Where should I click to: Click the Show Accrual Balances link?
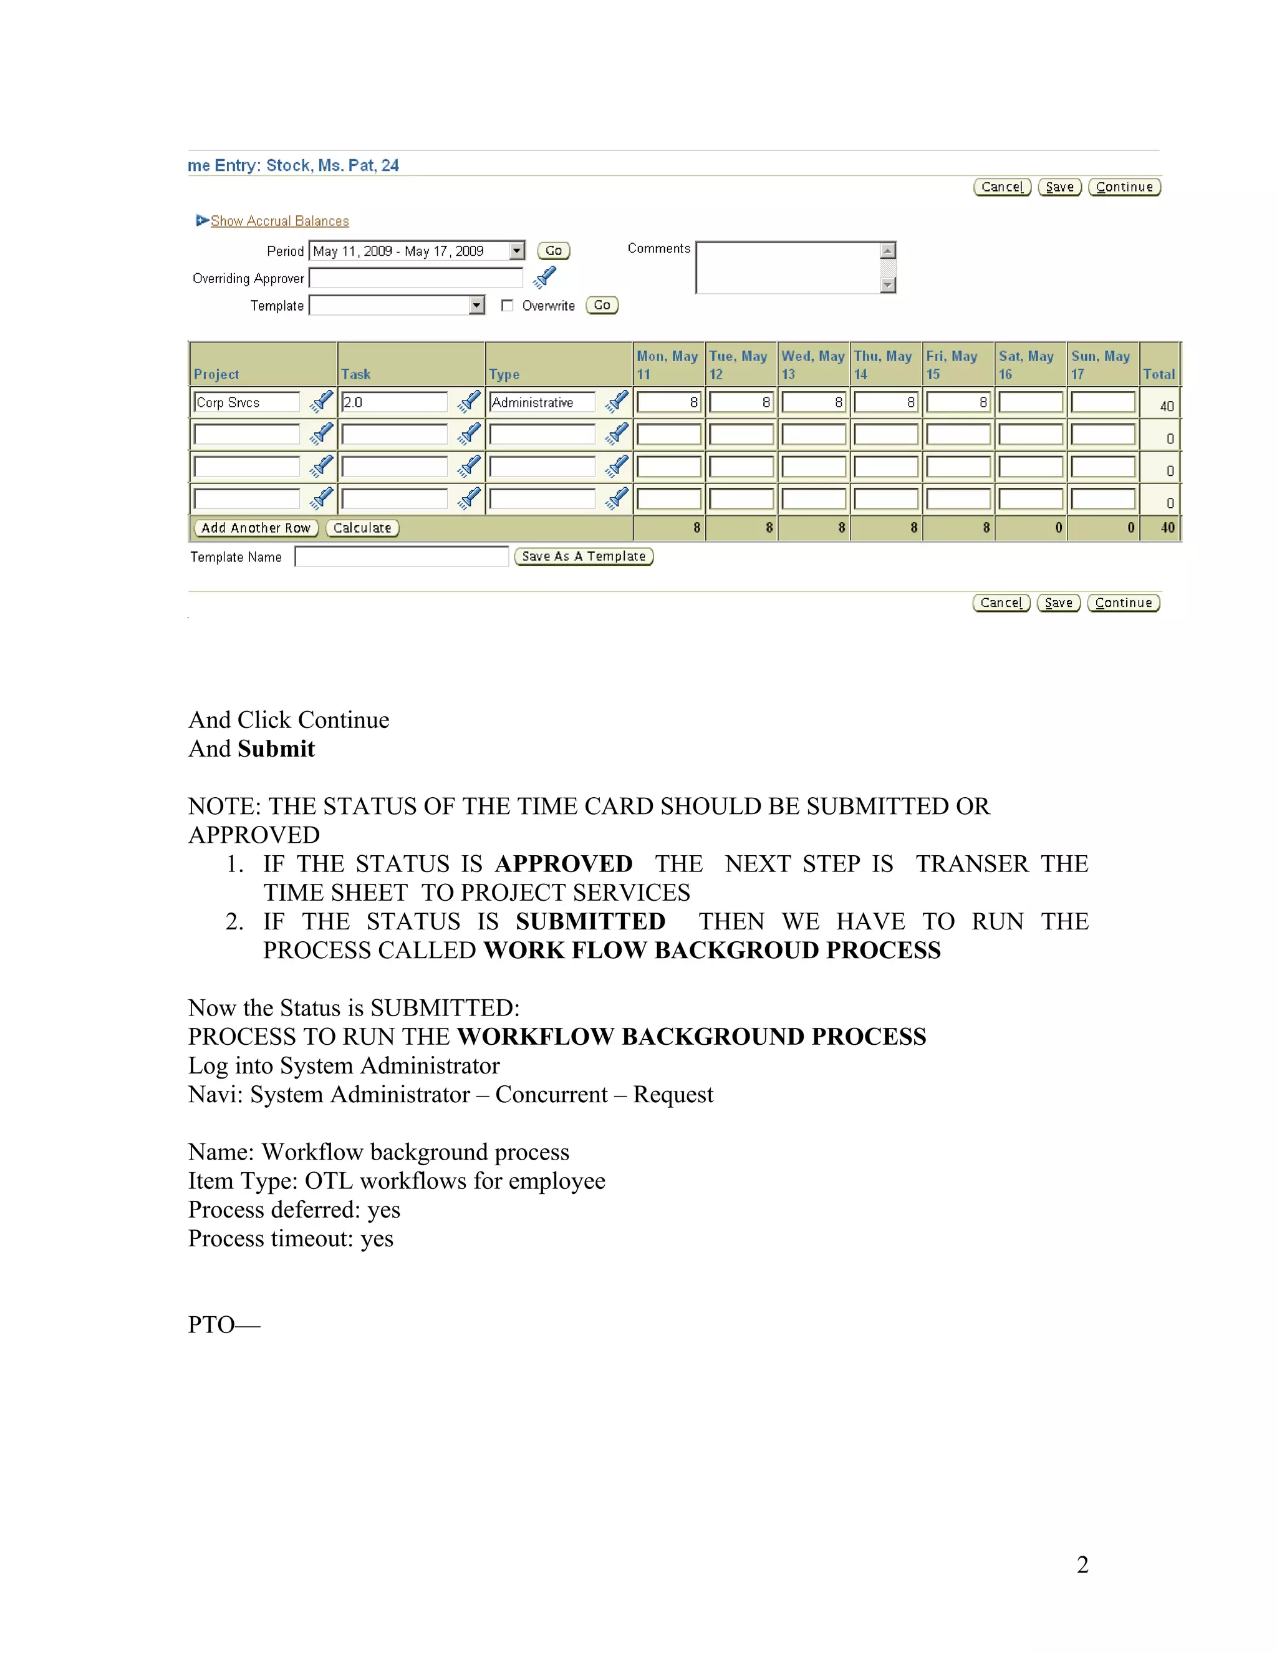coord(279,221)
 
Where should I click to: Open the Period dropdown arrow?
coord(517,251)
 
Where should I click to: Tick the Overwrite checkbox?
coord(507,306)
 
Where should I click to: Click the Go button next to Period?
coord(553,251)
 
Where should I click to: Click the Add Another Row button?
coord(256,528)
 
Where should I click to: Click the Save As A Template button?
coord(583,556)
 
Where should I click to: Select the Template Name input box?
coord(402,557)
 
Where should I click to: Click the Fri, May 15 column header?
coord(952,365)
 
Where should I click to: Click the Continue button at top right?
coord(1124,187)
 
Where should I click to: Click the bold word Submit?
coord(276,749)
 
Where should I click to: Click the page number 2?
coord(1082,1564)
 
